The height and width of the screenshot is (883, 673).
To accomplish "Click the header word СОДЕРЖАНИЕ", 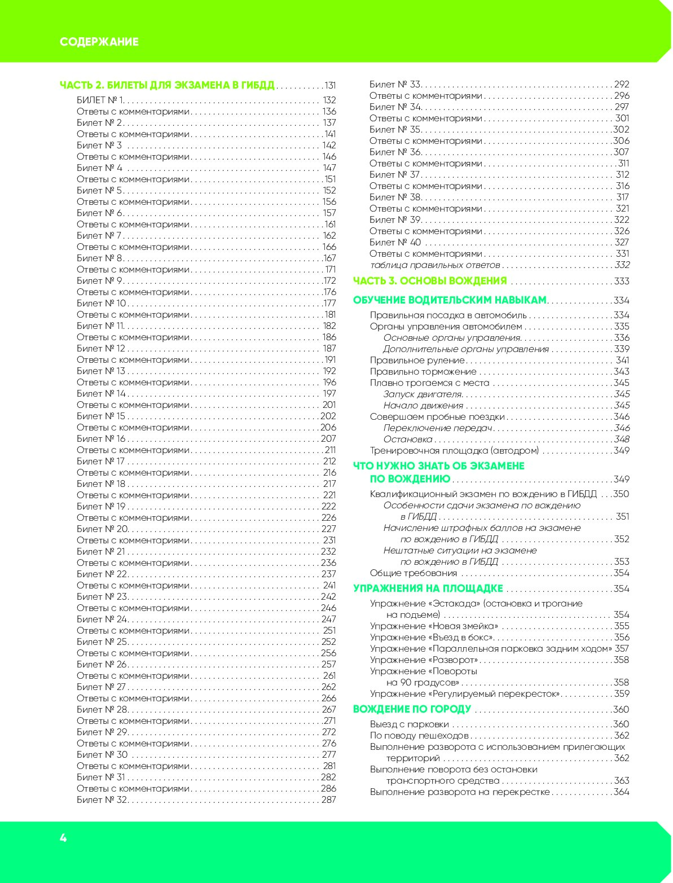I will [99, 42].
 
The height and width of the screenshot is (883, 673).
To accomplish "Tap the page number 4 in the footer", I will [63, 838].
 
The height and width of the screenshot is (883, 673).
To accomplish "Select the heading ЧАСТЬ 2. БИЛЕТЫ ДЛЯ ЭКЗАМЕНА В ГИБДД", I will [167, 85].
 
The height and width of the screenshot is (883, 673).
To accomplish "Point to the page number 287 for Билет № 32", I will [328, 799].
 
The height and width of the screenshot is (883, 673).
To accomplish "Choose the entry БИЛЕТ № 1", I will [100, 100].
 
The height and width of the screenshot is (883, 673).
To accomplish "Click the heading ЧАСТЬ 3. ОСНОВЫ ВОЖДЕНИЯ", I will [430, 281].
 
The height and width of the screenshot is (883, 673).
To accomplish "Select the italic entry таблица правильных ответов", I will [435, 265].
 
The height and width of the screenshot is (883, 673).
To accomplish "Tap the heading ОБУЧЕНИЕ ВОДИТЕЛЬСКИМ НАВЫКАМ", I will [450, 300].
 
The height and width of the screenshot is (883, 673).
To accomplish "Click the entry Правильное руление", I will [417, 360].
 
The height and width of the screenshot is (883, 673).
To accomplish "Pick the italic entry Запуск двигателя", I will [423, 394].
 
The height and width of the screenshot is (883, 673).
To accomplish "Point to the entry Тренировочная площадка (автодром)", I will [454, 450].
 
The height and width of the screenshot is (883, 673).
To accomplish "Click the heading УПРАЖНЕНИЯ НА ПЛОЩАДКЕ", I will [428, 588].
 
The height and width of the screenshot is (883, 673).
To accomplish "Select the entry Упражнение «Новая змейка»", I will [434, 626].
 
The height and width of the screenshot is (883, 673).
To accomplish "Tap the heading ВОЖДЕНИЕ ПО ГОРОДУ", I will [412, 709].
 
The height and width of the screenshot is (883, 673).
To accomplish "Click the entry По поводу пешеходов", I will [419, 735].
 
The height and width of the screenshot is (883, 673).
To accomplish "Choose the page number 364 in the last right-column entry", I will [621, 792].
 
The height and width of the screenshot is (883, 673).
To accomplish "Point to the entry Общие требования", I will [413, 573].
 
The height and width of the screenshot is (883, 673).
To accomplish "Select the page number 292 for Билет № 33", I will [621, 84].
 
